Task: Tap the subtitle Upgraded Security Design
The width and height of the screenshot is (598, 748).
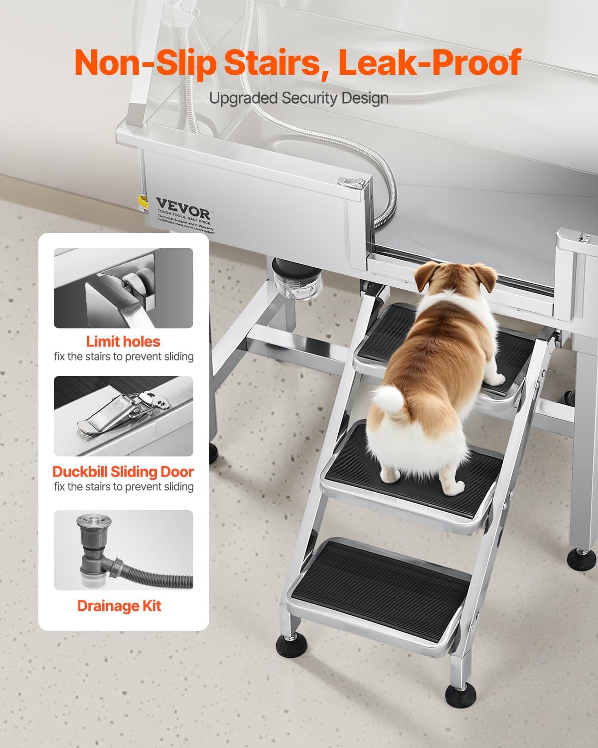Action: click(x=299, y=98)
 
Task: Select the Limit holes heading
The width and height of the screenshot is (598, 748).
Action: click(x=123, y=342)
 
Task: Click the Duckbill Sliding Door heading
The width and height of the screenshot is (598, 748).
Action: click(x=123, y=472)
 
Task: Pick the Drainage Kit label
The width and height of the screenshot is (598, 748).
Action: click(x=119, y=606)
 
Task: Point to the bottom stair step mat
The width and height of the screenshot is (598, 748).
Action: click(x=379, y=588)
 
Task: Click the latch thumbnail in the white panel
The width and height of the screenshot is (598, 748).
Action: click(x=123, y=416)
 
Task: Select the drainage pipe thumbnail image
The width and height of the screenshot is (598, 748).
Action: click(x=123, y=550)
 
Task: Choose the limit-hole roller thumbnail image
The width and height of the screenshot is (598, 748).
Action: click(x=123, y=288)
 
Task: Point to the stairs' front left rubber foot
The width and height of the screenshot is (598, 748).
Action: click(x=288, y=643)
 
